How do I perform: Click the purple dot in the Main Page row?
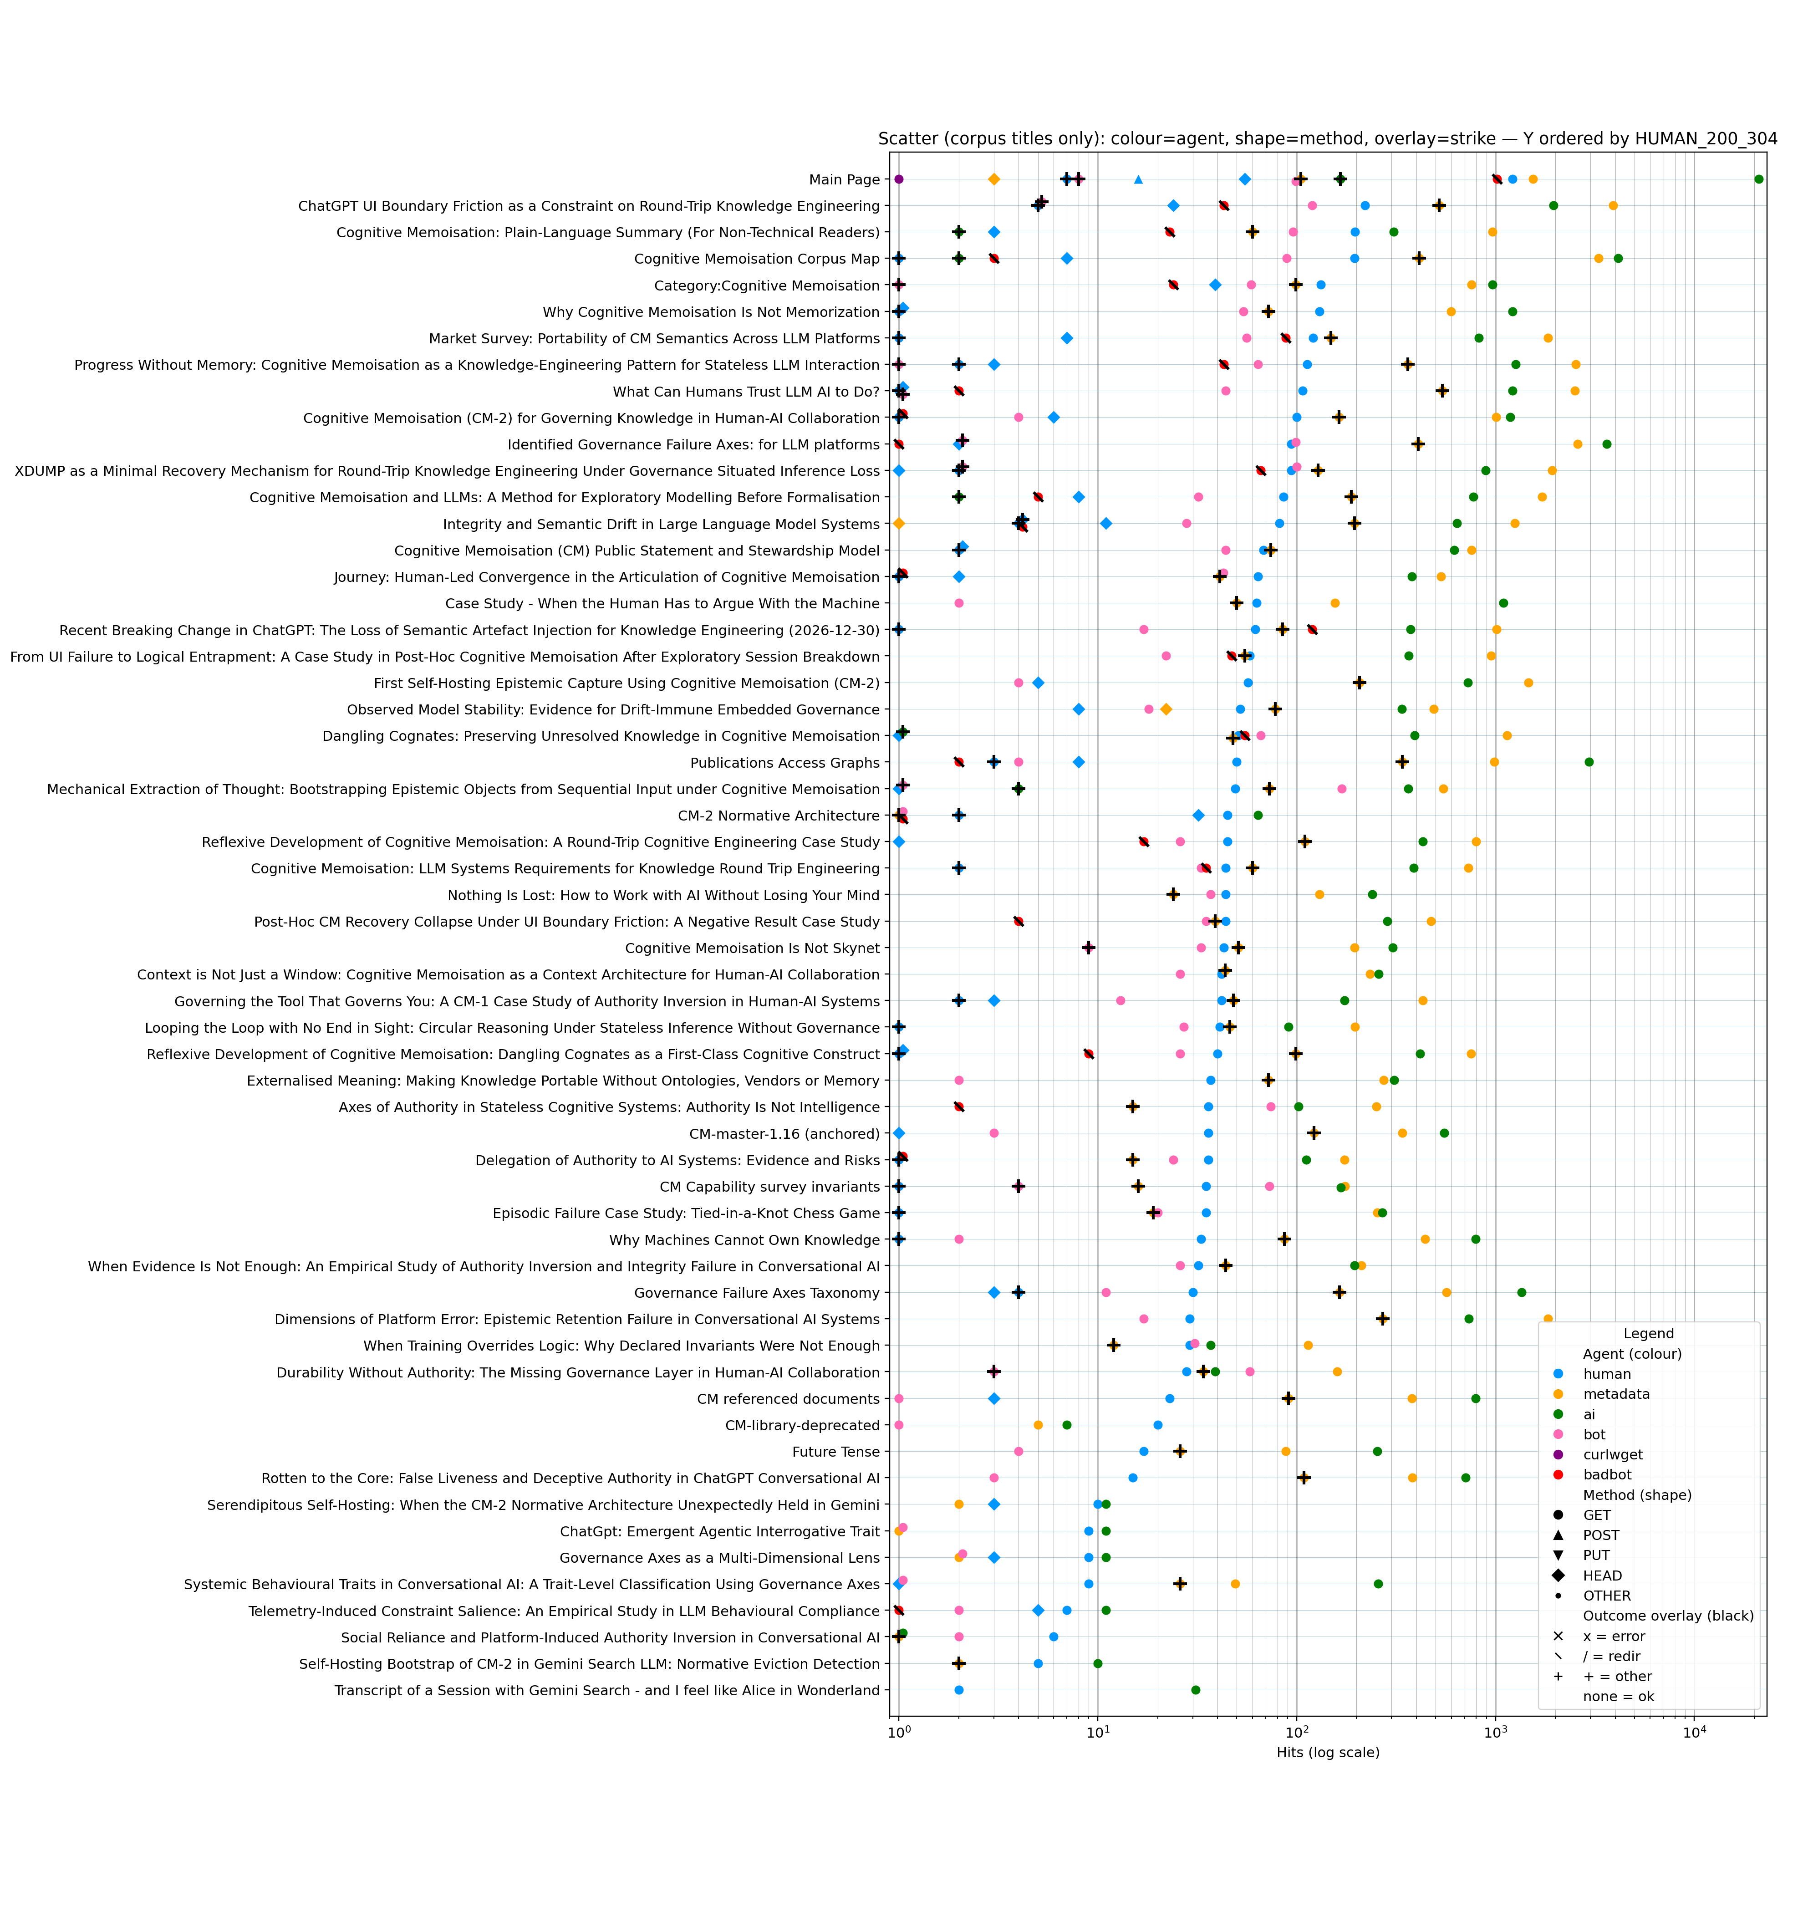pyautogui.click(x=899, y=180)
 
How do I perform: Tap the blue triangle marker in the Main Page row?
pyautogui.click(x=1139, y=180)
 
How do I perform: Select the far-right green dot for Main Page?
pyautogui.click(x=1759, y=180)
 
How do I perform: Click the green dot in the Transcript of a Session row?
pyautogui.click(x=1196, y=1690)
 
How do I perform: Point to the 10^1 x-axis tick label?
pyautogui.click(x=1098, y=1732)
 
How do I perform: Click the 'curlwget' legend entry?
pyautogui.click(x=1613, y=1454)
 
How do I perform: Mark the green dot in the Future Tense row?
pyautogui.click(x=1377, y=1451)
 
